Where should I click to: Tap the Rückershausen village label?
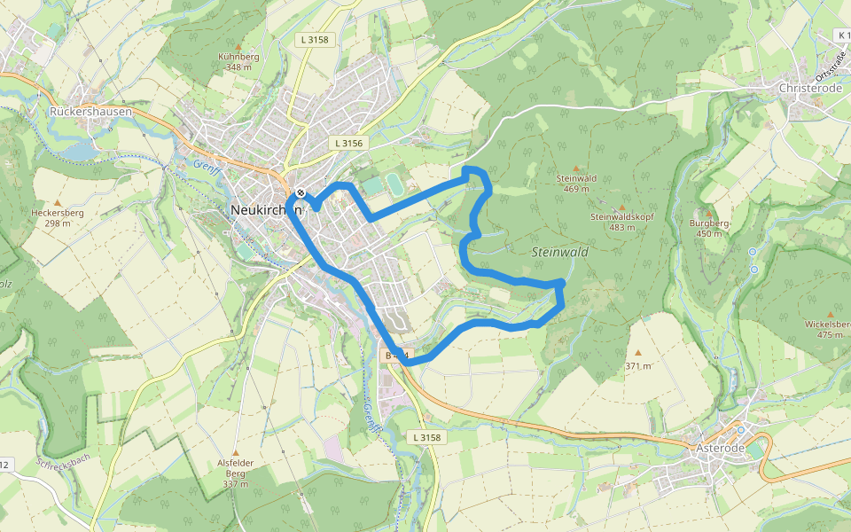(90, 113)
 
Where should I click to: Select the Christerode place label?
(809, 89)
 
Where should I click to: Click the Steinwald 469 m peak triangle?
(576, 168)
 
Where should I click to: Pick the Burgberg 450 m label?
(710, 228)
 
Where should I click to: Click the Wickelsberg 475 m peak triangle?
(831, 314)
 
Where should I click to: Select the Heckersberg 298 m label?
(57, 218)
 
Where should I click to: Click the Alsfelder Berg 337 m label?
(236, 473)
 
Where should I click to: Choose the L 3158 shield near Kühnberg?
(314, 40)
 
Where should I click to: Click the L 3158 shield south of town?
(426, 438)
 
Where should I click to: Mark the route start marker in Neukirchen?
(301, 193)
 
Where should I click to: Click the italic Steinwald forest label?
(560, 253)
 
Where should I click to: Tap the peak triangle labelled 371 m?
(637, 353)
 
